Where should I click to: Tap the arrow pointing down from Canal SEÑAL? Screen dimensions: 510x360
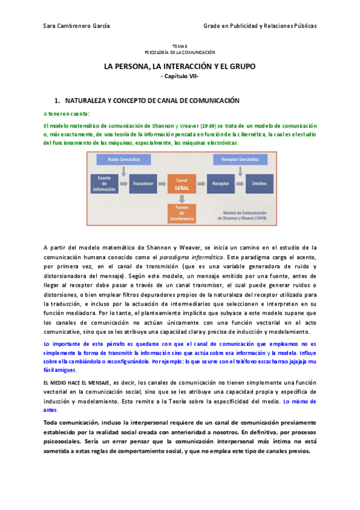(x=182, y=198)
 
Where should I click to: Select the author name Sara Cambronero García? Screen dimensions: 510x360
(x=77, y=26)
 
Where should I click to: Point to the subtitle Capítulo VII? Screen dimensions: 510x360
(x=180, y=76)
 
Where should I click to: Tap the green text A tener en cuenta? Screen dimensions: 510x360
(x=66, y=113)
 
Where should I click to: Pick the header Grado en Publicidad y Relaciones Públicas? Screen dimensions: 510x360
(x=260, y=26)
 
